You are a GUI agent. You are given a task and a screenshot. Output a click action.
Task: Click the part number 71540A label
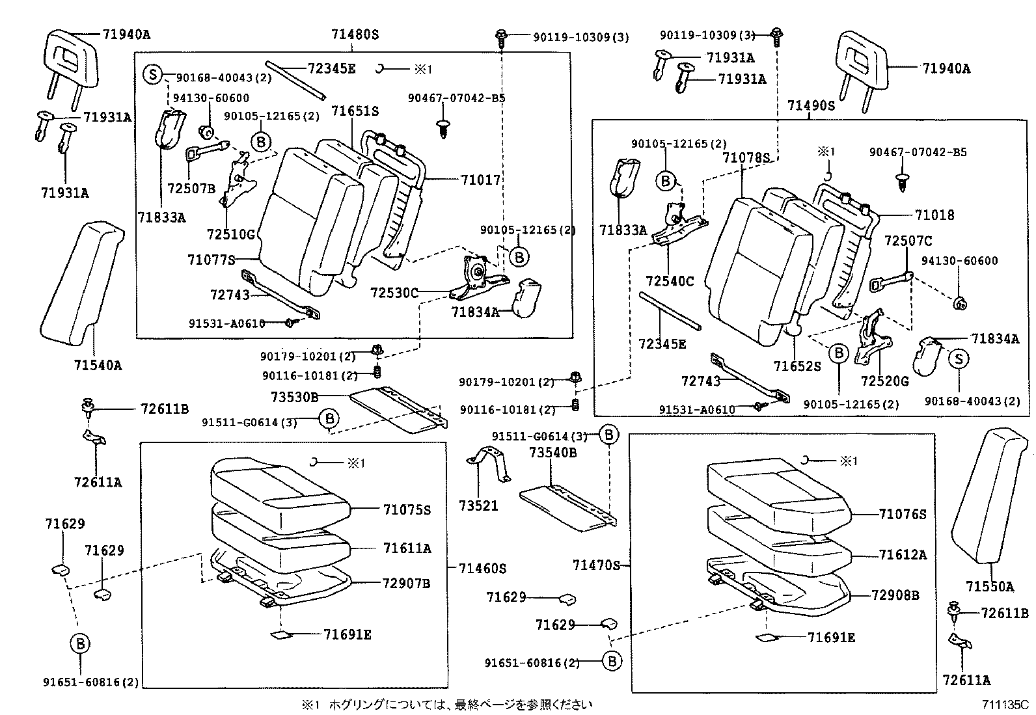coord(98,366)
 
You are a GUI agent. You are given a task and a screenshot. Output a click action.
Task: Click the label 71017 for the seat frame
coord(481,180)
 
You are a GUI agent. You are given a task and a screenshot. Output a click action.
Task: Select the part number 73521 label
coord(478,506)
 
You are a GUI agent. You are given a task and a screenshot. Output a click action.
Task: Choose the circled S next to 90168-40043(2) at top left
coord(152,74)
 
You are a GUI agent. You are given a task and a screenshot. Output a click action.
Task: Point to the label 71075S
coord(407,509)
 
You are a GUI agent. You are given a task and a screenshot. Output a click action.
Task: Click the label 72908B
coord(895,595)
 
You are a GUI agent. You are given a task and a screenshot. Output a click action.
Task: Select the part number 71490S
coord(810,105)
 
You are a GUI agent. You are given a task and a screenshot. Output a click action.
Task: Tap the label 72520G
coord(884,381)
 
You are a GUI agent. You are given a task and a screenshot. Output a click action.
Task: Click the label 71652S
coord(797,367)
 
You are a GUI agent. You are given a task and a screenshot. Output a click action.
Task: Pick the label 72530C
coord(394,293)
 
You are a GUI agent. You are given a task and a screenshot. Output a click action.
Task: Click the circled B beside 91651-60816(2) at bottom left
coord(80,644)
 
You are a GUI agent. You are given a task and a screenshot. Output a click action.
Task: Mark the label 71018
coord(934,215)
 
